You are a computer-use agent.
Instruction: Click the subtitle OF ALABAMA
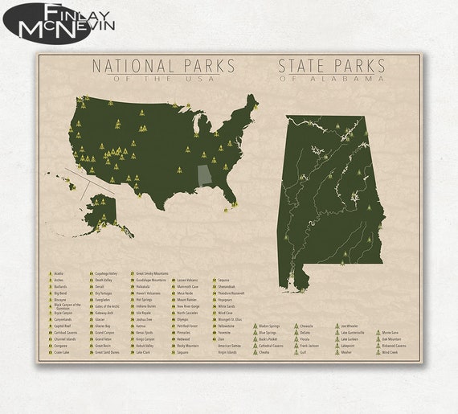(331, 79)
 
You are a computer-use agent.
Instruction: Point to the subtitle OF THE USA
(163, 79)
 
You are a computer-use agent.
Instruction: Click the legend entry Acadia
(59, 273)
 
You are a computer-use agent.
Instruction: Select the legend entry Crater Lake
(62, 352)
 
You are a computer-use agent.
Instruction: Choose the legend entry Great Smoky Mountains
(151, 273)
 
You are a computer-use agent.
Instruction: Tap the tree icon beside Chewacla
(295, 326)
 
